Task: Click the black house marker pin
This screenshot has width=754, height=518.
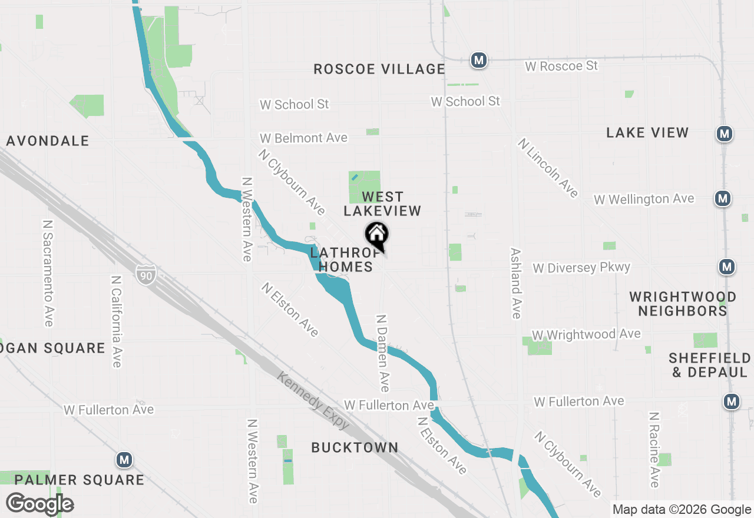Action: click(x=377, y=235)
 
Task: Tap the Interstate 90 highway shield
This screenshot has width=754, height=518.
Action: click(x=145, y=274)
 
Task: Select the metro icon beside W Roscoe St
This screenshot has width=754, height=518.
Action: click(x=478, y=60)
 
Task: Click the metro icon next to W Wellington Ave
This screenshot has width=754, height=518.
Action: click(x=723, y=198)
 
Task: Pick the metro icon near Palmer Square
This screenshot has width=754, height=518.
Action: click(x=124, y=459)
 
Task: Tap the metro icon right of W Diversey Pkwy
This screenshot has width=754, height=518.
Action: click(x=727, y=267)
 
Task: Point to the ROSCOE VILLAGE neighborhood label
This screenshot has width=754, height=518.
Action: click(x=379, y=69)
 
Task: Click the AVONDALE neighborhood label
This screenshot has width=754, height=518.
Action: click(x=48, y=141)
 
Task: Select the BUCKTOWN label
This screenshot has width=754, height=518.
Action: click(x=355, y=447)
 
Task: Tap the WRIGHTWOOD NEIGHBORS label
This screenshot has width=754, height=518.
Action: click(x=683, y=304)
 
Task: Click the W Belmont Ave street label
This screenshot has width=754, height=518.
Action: click(x=304, y=138)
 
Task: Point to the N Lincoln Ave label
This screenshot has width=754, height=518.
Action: click(x=548, y=168)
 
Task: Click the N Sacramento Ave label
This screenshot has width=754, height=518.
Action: click(x=48, y=273)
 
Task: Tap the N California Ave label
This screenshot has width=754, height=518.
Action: click(x=116, y=321)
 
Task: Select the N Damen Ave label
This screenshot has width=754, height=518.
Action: click(x=383, y=353)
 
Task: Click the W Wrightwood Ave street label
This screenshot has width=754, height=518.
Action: click(x=586, y=334)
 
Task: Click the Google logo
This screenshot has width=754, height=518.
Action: click(x=39, y=503)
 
